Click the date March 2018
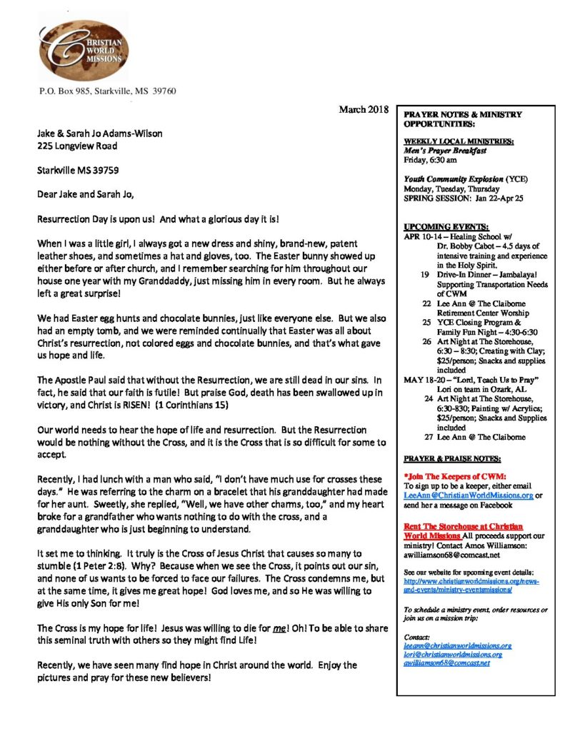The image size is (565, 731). [x=363, y=109]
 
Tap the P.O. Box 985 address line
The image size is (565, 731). [x=107, y=91]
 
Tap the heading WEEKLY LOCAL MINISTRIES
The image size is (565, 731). [x=448, y=141]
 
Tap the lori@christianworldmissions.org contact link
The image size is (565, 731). [x=452, y=654]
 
